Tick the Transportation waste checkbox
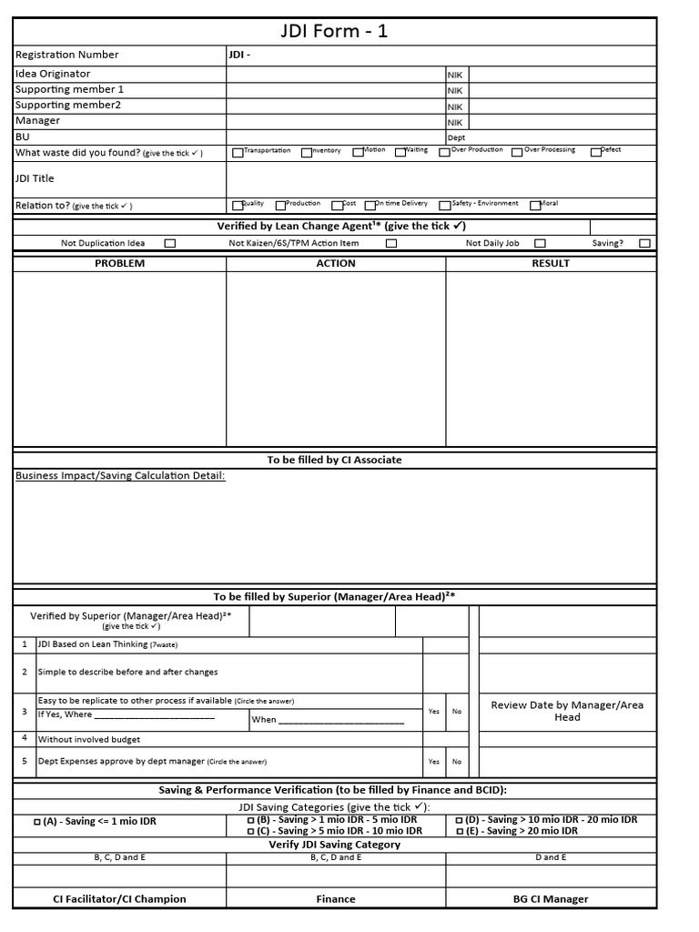pos(238,153)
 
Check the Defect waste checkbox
pos(596,153)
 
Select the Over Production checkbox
pos(445,153)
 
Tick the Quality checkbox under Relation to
pos(238,206)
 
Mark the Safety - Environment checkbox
pos(445,206)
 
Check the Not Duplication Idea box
pos(170,244)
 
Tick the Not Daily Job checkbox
pos(540,244)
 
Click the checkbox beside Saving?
pos(644,244)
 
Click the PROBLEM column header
pos(120,263)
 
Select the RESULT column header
pos(551,263)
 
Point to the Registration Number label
pos(67,55)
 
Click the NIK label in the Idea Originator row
pos(455,76)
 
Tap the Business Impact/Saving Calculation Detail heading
pos(120,475)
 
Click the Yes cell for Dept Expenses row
pos(434,762)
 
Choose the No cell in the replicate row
pos(457,712)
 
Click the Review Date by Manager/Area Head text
pos(567,711)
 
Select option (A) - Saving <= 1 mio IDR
pos(96,822)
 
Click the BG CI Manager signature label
pos(551,899)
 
